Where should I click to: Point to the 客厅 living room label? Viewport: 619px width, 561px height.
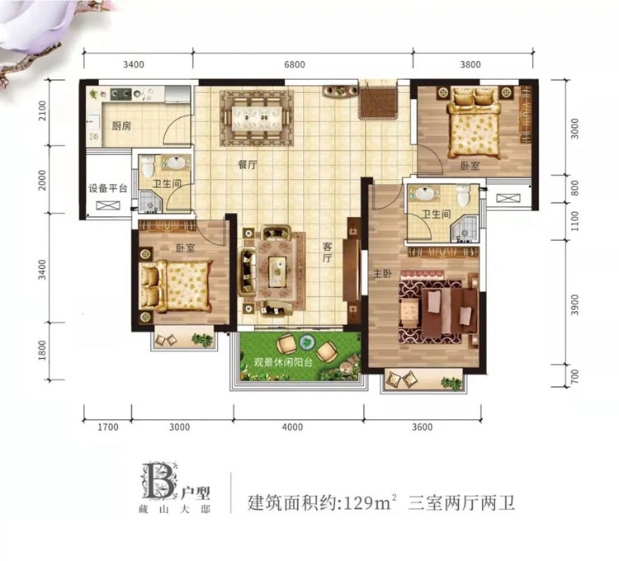(x=327, y=252)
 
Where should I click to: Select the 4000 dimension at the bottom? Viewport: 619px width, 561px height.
(x=292, y=427)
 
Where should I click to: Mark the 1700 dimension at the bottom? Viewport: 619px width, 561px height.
(x=108, y=427)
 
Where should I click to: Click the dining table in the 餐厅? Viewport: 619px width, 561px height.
(x=256, y=115)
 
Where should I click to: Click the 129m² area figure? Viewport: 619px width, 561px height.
(x=368, y=501)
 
